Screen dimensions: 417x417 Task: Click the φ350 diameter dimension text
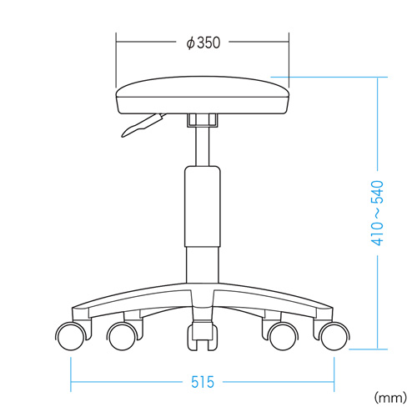coord(203,43)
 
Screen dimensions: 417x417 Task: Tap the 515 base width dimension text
coord(202,382)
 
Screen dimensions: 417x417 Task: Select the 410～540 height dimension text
coord(377,214)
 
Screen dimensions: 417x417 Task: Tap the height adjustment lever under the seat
coord(142,125)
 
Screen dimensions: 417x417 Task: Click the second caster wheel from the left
coord(123,337)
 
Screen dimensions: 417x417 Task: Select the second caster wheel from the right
coord(282,337)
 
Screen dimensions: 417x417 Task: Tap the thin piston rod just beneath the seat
coord(201,146)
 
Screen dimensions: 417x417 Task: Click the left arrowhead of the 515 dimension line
coord(75,383)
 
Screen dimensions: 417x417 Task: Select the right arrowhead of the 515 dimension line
coord(331,383)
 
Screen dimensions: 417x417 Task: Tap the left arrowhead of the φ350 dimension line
coord(118,43)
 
